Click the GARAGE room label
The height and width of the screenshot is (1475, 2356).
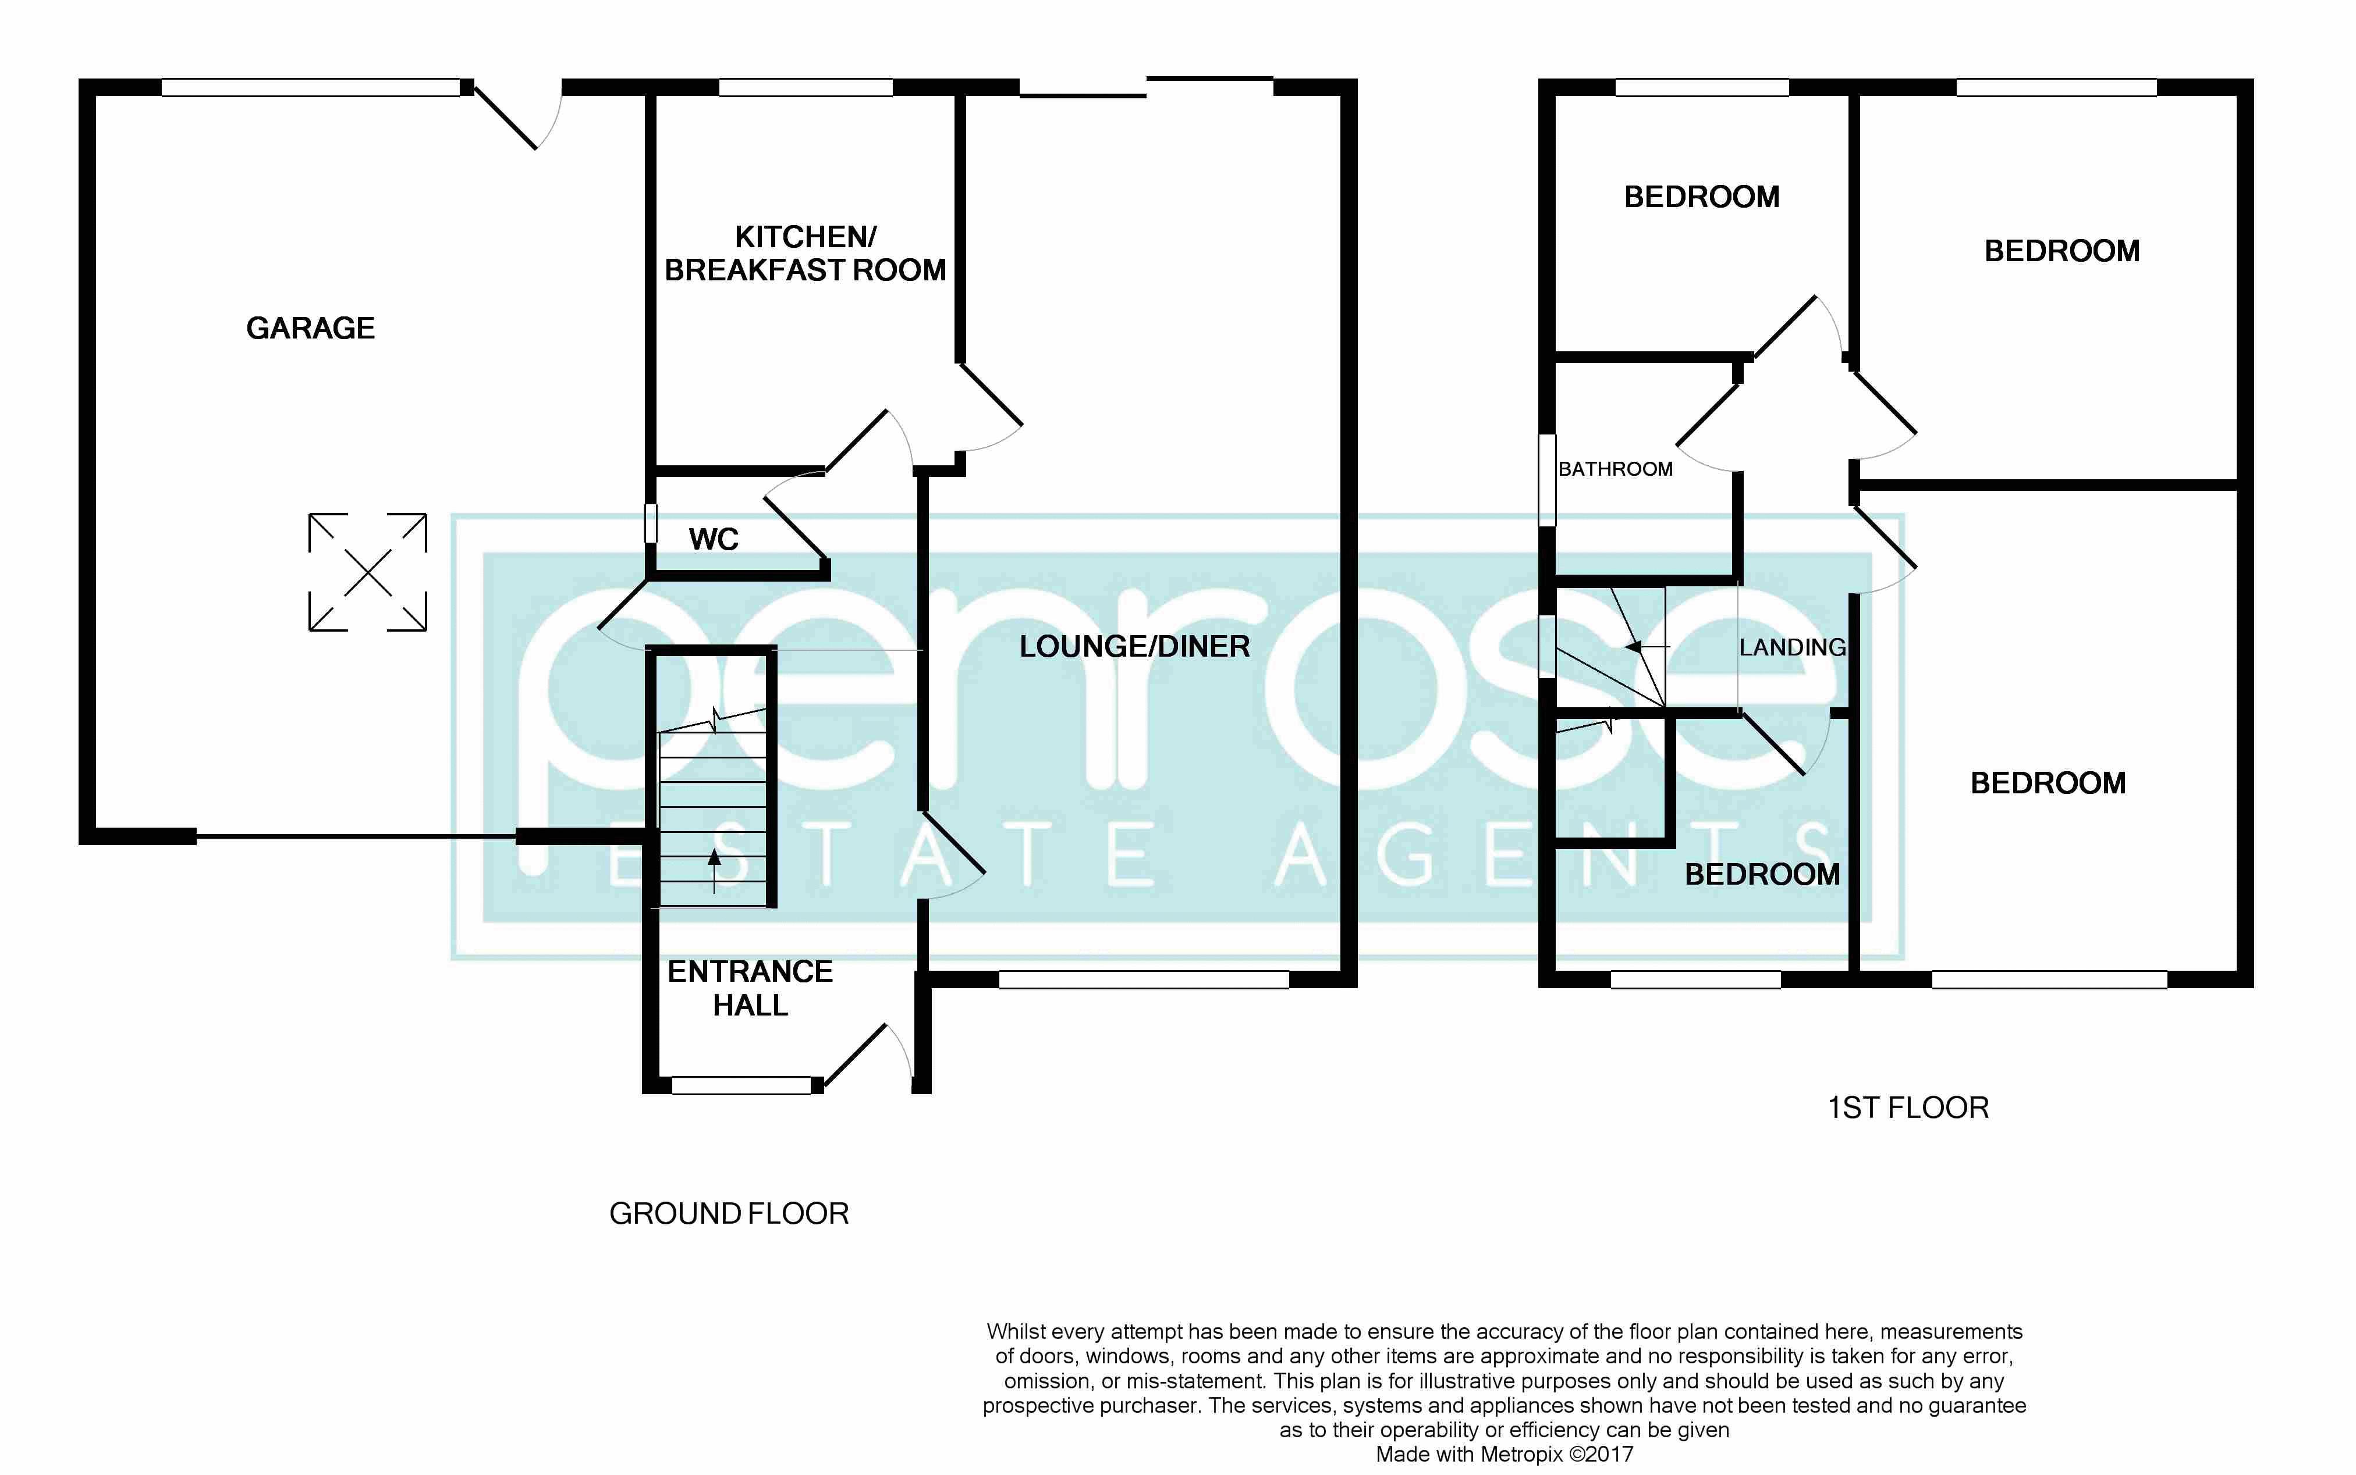310,328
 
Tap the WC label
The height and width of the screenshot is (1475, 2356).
714,540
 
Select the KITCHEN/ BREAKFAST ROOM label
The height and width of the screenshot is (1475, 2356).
805,252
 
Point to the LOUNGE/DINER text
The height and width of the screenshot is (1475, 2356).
1134,647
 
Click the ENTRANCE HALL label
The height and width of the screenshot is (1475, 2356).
750,987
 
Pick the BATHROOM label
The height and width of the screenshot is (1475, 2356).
1615,469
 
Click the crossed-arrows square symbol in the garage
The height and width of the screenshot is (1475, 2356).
368,573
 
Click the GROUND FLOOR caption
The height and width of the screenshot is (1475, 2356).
729,1213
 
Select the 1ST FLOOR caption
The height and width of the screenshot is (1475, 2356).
1907,1107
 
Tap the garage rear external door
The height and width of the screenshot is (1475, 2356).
508,117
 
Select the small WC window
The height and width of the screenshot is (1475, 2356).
651,523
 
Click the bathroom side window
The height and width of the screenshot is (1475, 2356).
1547,480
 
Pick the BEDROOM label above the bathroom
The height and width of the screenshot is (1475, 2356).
1701,197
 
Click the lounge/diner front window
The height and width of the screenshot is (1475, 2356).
1144,979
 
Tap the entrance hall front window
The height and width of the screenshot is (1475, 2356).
741,1085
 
